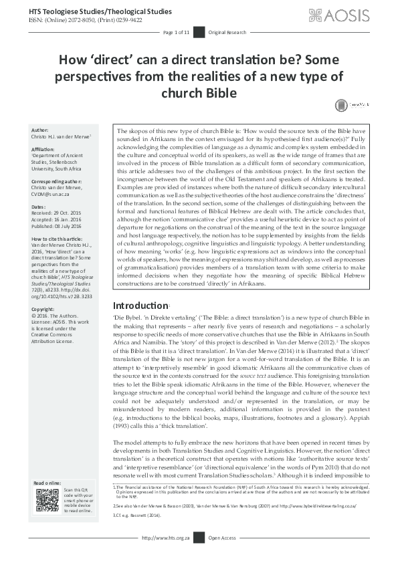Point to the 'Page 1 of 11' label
[177, 32]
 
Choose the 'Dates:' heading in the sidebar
[39, 207]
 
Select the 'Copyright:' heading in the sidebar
[43, 310]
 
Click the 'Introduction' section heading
[141, 304]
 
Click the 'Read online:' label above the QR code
[47, 483]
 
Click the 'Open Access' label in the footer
[223, 556]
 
